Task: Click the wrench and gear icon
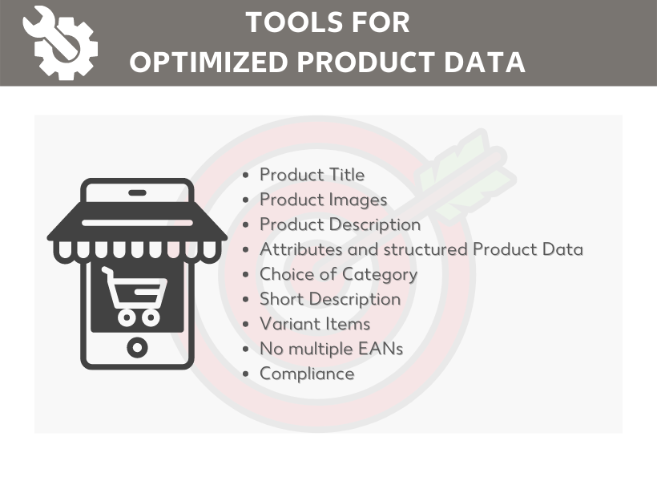pos(60,42)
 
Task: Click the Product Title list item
pos(312,175)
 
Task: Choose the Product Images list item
pos(324,200)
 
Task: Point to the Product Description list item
pos(341,224)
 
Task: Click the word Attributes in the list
pos(301,249)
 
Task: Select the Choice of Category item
pos(339,275)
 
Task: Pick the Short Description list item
pos(330,299)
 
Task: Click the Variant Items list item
pos(315,324)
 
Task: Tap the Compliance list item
pos(307,374)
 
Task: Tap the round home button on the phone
pos(138,348)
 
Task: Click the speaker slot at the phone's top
pos(138,193)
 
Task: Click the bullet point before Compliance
pos(246,374)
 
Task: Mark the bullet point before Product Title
pos(246,175)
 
